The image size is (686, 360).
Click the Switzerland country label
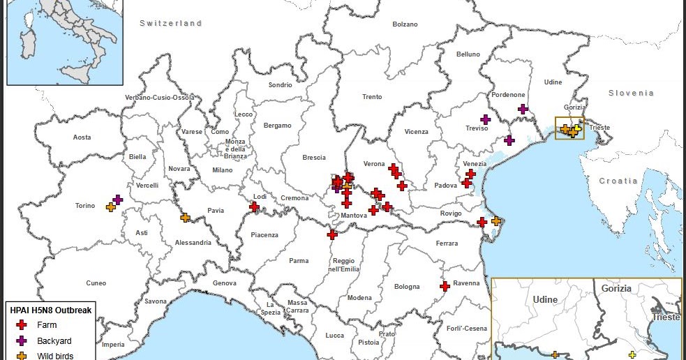tap(170, 23)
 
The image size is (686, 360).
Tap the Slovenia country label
tap(631, 93)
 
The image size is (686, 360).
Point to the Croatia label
tap(618, 181)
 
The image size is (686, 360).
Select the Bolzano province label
tap(405, 24)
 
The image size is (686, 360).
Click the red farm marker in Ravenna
tap(445, 285)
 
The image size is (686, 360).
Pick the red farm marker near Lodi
tap(255, 207)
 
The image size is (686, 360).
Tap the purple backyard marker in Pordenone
tap(523, 109)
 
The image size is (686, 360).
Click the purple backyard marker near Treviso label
tap(485, 119)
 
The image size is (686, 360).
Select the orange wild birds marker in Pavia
tap(185, 218)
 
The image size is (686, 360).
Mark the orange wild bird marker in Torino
tap(110, 207)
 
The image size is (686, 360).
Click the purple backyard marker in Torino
tap(118, 200)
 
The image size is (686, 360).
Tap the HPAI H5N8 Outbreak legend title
tap(50, 310)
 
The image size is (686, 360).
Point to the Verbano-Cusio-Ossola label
tap(160, 97)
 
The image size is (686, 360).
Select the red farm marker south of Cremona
tap(332, 234)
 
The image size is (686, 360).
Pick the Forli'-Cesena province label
tap(466, 329)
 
